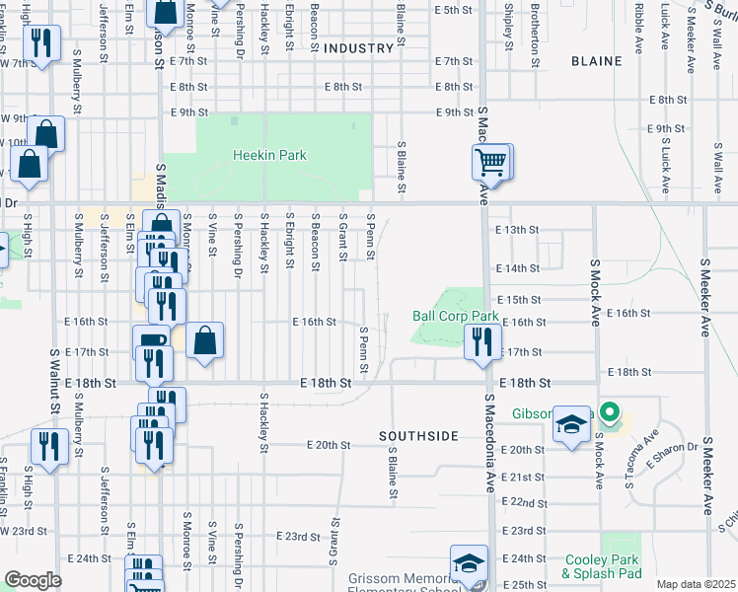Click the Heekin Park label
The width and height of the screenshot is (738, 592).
coord(269,155)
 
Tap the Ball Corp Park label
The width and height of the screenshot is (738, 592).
coord(455,317)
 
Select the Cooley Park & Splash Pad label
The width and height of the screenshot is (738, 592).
coord(602,566)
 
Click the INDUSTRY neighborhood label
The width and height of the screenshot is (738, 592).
coord(358,48)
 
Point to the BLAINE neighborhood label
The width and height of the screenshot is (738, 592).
coord(597,61)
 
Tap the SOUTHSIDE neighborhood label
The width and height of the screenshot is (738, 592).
coord(419,435)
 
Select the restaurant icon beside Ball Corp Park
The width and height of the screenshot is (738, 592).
coord(480,341)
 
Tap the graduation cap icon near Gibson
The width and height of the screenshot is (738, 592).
coord(571,424)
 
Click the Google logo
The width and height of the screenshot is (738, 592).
coord(33,580)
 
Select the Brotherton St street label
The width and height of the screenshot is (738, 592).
coord(535,22)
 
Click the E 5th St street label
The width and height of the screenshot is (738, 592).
coord(453,10)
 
